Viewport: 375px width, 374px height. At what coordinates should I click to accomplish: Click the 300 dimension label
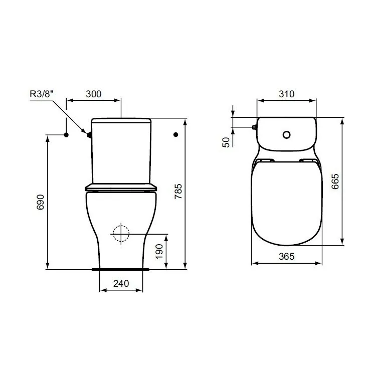[94, 94]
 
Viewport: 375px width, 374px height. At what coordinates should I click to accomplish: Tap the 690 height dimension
[42, 202]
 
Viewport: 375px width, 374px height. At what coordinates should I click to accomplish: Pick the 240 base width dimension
[121, 283]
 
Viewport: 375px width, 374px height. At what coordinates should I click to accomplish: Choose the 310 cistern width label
[286, 94]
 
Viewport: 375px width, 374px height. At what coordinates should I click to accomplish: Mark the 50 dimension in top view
[226, 142]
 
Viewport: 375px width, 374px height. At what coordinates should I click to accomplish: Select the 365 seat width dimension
[286, 256]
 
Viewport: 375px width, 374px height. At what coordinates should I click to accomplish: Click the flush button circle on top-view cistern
[286, 134]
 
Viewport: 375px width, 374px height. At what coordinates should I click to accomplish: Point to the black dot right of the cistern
[175, 134]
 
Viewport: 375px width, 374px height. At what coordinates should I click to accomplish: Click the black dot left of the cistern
[66, 134]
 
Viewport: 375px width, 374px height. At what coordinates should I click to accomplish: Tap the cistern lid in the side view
[121, 121]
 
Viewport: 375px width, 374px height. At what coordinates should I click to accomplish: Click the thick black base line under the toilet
[121, 269]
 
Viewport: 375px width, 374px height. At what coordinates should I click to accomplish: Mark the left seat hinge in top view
[265, 160]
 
